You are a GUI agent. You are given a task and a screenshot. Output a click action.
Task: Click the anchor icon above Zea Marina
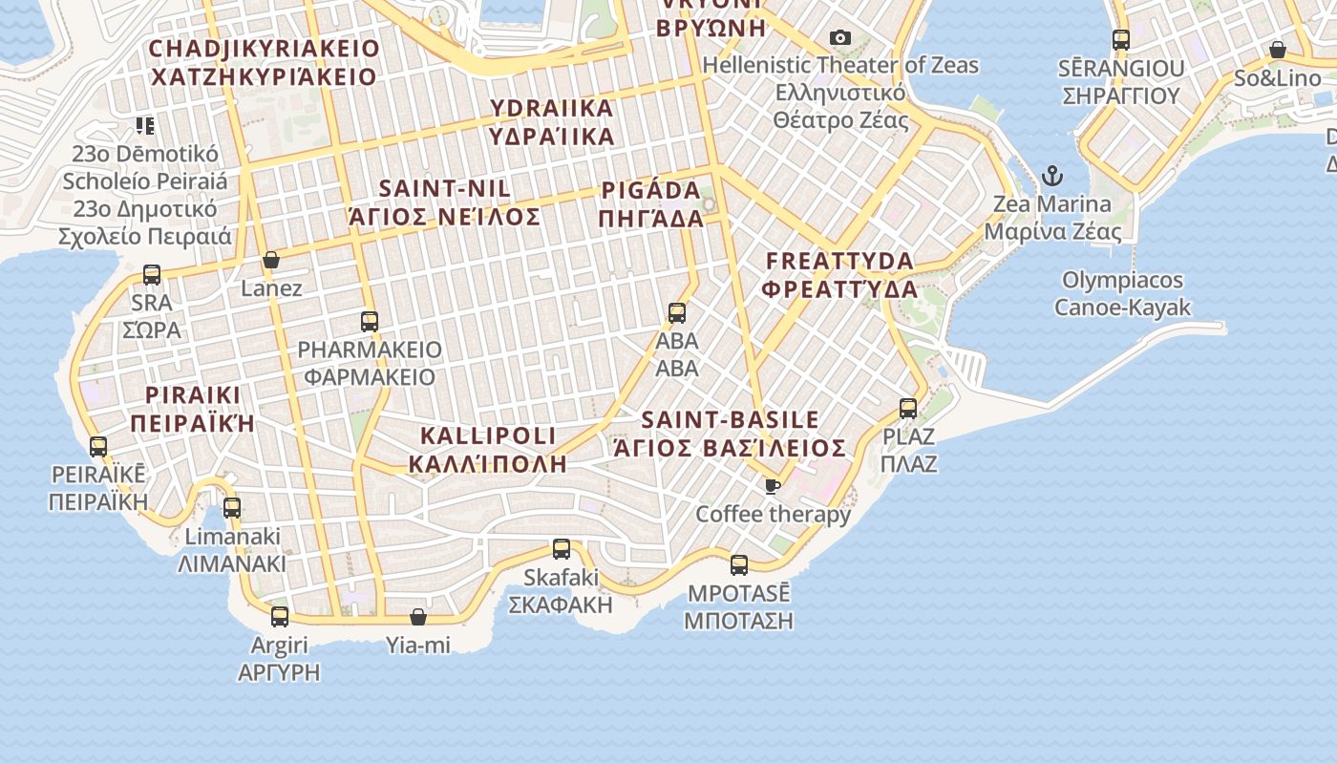click(x=1051, y=176)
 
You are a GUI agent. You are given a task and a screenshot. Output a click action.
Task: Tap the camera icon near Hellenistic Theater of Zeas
click(x=840, y=38)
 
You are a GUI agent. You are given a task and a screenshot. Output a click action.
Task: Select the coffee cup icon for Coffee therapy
click(x=773, y=487)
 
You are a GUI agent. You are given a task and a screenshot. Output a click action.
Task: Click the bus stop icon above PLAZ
click(x=908, y=409)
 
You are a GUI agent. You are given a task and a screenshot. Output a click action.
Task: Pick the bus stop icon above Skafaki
click(x=562, y=549)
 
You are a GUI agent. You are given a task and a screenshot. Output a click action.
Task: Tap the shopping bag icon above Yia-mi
click(x=418, y=617)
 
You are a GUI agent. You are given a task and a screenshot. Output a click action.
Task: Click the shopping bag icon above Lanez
click(x=271, y=260)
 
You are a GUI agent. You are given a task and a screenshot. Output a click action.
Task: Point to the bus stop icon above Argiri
click(x=280, y=617)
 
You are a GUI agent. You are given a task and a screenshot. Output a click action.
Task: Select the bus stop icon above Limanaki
click(x=232, y=508)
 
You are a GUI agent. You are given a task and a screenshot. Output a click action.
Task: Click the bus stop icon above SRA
click(x=152, y=275)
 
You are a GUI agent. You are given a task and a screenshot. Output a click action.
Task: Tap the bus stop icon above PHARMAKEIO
click(x=370, y=322)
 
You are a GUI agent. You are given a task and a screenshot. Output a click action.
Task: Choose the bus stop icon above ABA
click(x=677, y=312)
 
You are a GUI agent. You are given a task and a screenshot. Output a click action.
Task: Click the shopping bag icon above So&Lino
click(x=1277, y=50)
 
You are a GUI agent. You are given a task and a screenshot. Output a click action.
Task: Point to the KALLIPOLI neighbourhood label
click(x=488, y=450)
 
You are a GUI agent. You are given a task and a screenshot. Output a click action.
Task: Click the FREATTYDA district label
click(x=840, y=274)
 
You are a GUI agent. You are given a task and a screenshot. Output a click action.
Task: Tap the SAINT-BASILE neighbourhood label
click(x=730, y=434)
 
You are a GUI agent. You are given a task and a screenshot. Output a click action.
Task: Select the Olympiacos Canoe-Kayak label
click(x=1123, y=293)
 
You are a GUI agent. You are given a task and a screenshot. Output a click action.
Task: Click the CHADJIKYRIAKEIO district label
click(x=265, y=62)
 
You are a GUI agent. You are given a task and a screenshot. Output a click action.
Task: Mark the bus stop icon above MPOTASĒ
click(x=739, y=564)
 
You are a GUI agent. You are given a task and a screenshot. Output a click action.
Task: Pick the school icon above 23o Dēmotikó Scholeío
click(x=145, y=125)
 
